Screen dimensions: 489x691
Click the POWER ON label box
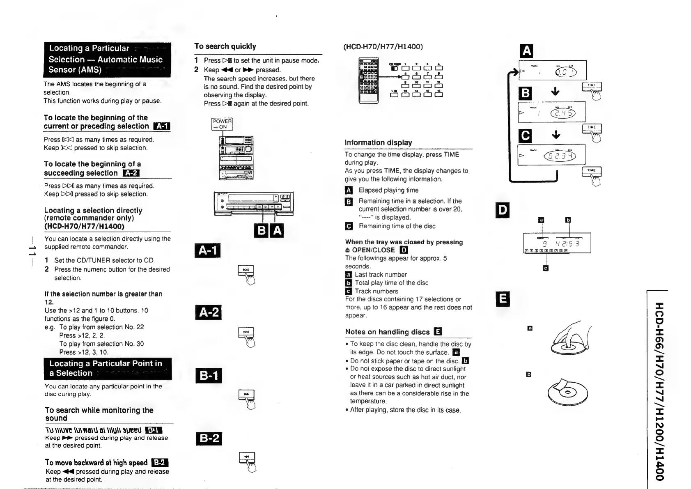[x=222, y=124]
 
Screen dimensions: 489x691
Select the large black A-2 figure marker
[x=208, y=312]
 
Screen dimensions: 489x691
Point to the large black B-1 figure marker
[x=208, y=376]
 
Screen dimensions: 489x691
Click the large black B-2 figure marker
[x=208, y=439]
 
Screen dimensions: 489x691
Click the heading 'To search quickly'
[x=225, y=46]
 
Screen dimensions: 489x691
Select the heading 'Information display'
[x=378, y=142]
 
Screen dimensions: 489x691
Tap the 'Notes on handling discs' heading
[x=388, y=332]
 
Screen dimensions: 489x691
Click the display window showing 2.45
[x=551, y=112]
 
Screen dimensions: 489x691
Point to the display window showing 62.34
[x=551, y=155]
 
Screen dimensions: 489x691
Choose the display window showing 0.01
[x=553, y=70]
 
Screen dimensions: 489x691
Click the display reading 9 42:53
[x=557, y=244]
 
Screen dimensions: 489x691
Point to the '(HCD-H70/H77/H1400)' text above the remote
[x=383, y=46]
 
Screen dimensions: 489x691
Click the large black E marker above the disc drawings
[x=503, y=298]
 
